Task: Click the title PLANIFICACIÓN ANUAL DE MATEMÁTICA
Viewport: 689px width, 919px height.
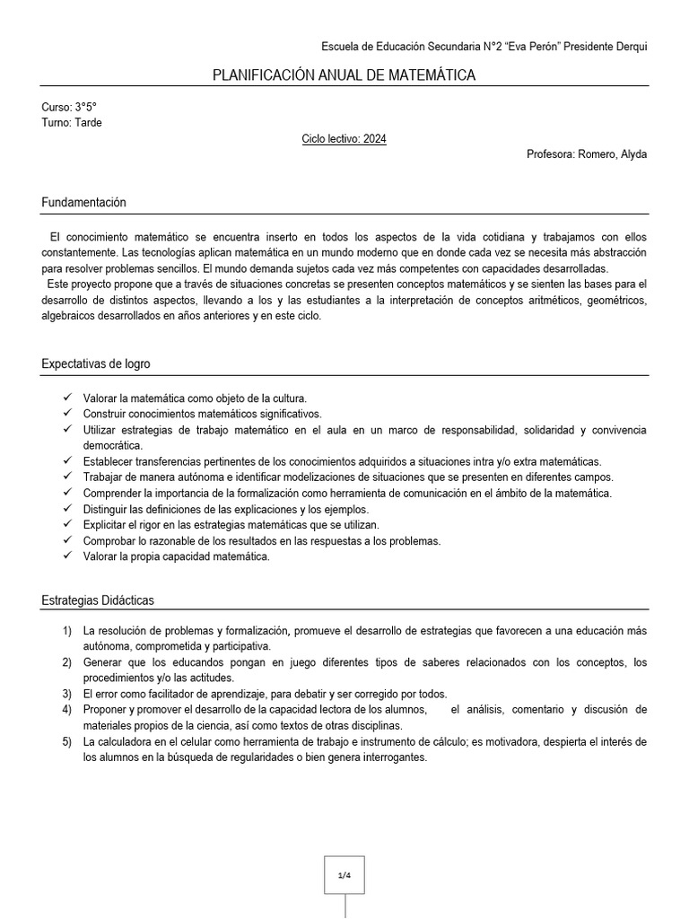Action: pos(344,75)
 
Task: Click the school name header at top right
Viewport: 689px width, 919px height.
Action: pos(484,47)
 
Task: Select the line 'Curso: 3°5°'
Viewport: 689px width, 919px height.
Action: pos(69,107)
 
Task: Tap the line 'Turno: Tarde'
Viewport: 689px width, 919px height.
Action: pos(72,123)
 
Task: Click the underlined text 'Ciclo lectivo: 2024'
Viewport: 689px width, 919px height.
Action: pos(344,139)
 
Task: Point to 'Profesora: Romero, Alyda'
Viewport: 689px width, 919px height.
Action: pos(586,154)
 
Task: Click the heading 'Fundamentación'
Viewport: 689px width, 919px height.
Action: pos(83,203)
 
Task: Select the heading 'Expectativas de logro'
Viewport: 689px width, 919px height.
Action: pos(96,364)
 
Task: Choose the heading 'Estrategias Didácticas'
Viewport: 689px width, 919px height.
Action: pos(98,600)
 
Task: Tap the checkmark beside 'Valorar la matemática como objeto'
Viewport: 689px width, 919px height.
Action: pos(67,397)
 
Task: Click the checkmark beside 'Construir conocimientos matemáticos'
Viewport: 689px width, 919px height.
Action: pos(67,413)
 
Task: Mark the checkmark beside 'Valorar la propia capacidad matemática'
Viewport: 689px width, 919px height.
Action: pos(67,556)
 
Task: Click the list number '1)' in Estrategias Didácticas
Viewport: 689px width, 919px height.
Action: pos(67,631)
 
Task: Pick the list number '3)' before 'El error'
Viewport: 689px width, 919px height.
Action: pos(67,694)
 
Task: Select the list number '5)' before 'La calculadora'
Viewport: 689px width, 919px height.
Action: pos(67,741)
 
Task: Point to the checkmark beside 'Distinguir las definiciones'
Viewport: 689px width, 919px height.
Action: pos(67,509)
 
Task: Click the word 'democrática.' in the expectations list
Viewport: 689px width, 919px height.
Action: pos(112,445)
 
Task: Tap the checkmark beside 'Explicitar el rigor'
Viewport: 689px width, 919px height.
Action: pos(67,524)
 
